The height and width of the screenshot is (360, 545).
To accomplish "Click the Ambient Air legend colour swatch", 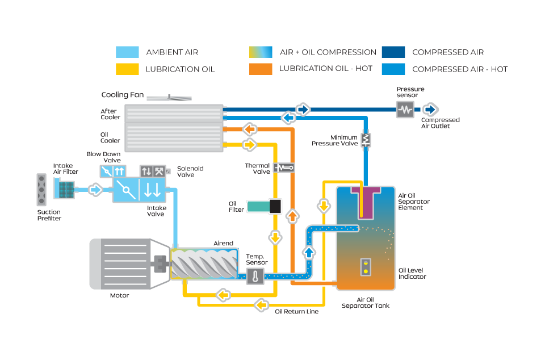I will (x=127, y=52).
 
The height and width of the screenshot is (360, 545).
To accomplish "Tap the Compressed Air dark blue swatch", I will (x=393, y=52).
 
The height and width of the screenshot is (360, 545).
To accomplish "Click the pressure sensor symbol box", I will (x=405, y=109).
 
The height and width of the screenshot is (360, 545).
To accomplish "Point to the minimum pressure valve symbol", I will (x=366, y=139).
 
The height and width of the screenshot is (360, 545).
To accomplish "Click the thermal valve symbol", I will (x=283, y=167).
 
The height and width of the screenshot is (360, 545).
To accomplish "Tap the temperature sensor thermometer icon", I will (x=255, y=277).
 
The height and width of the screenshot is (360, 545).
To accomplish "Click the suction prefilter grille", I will (x=41, y=190).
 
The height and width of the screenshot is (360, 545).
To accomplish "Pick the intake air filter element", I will (x=64, y=189).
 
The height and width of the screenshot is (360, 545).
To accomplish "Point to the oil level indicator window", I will (x=366, y=267).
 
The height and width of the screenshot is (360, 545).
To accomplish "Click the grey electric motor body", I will (x=120, y=263).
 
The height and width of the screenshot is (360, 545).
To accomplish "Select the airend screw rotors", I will (x=203, y=264).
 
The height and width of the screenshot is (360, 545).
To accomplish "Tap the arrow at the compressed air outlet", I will (x=430, y=109).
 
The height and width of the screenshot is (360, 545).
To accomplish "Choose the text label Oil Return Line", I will (x=296, y=311).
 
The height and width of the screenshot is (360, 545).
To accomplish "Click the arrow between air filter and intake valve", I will (x=95, y=189).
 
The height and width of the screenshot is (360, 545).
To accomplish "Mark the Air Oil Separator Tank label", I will (x=365, y=303).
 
